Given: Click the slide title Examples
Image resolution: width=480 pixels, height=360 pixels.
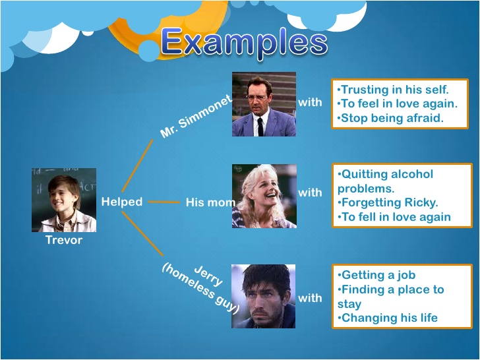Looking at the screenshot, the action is pos(244,43).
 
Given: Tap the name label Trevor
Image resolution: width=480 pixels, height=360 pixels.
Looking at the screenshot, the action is pos(64,240).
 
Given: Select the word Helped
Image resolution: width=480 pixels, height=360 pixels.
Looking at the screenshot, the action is pos(122,202).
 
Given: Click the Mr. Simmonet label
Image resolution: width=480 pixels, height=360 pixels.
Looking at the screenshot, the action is pos(196,117).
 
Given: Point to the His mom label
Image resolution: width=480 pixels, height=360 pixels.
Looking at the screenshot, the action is pos(210,202).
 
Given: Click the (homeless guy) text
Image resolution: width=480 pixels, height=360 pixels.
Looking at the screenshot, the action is pos(200,289).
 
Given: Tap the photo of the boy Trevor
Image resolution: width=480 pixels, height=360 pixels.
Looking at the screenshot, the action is pos(64,200).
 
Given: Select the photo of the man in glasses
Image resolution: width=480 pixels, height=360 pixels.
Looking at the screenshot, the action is pos(264,104).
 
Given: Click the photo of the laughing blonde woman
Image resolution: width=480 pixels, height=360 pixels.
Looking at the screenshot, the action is pos(264,196).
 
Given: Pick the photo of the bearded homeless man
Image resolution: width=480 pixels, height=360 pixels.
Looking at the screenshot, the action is pos(263,296).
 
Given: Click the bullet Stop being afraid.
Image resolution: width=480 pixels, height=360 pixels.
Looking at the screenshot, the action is pos(390,118).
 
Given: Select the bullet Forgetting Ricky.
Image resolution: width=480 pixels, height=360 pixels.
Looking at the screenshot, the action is pos(388,202).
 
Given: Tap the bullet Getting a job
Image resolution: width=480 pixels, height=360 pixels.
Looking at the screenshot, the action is pos(376,275).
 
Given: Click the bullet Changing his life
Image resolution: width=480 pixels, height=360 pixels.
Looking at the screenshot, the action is pos(388,318).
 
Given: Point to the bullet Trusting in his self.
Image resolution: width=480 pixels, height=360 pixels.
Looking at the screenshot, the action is pos(393,90).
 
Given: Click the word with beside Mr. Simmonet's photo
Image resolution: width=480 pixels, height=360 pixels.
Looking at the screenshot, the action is pos(310,102).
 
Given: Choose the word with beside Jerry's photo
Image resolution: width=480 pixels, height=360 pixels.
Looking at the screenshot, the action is pos(310,298).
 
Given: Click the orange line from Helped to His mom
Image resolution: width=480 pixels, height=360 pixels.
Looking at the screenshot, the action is pos(164,202).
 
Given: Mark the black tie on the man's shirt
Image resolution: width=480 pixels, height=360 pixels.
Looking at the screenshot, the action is pos(260,127).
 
